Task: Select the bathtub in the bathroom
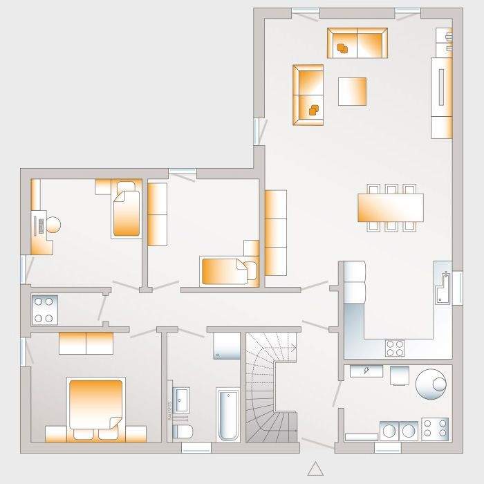coord(227,414)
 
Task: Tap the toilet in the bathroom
coord(183,431)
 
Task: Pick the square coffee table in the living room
coord(352,91)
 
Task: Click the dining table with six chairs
coord(390,207)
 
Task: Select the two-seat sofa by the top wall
coord(357,43)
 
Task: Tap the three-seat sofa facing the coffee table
coord(308,95)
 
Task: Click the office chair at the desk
coord(52,225)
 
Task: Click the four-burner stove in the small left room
coord(45,310)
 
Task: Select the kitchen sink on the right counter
coord(443,286)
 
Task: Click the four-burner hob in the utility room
coord(434,429)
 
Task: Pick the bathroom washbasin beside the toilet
coord(182,400)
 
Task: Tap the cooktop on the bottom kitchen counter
coord(395,346)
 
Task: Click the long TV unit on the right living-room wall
coord(441,97)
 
